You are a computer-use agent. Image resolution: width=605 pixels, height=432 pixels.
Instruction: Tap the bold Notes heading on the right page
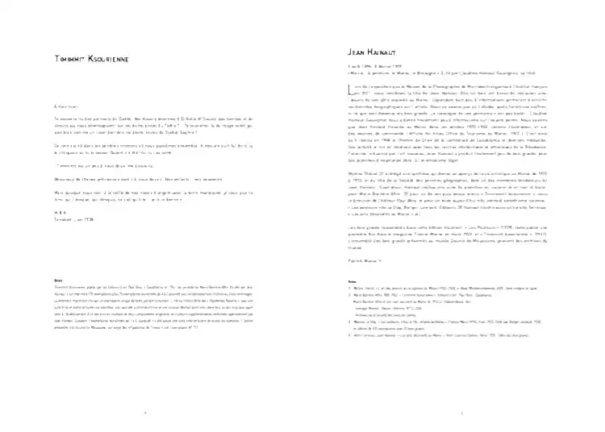pos(351,280)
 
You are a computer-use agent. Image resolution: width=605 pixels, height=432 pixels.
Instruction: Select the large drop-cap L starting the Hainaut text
pos(349,85)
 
